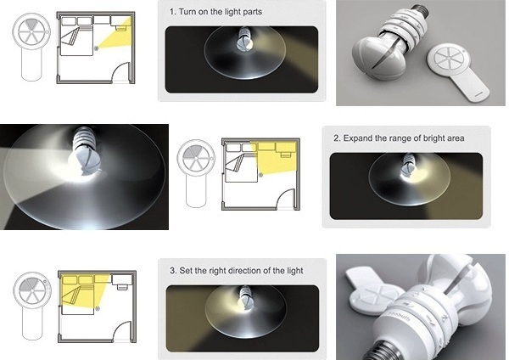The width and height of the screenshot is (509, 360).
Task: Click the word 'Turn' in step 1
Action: click(186, 12)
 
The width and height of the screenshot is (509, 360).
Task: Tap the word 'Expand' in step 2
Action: click(358, 138)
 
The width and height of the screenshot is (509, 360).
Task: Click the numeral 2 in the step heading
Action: click(336, 138)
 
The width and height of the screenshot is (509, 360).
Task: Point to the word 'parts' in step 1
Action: click(252, 13)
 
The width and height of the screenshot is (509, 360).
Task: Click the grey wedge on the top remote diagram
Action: click(31, 25)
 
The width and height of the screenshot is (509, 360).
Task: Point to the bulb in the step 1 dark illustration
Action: click(244, 40)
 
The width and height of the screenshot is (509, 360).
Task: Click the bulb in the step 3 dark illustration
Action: click(245, 300)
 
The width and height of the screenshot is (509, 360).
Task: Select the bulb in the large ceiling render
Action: click(84, 153)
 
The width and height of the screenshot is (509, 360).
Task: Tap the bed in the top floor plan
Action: click(76, 42)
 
